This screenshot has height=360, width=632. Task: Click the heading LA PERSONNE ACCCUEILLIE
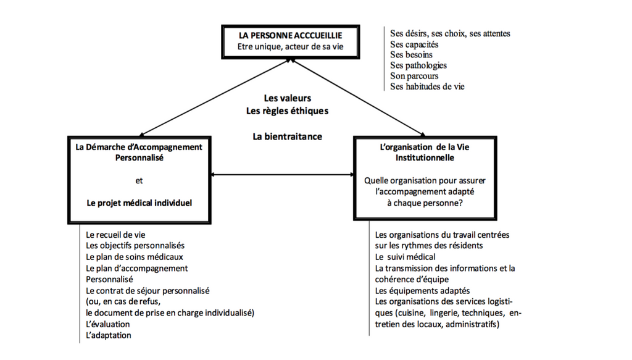(290, 35)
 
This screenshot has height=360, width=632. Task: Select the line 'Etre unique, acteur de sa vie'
(290, 46)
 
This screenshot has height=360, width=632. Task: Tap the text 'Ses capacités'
(414, 44)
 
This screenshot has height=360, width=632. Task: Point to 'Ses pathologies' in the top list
(418, 65)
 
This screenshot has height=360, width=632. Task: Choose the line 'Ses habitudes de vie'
(427, 86)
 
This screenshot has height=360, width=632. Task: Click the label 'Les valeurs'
(288, 98)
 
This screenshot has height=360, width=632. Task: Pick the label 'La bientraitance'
(288, 136)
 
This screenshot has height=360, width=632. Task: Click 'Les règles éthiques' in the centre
(288, 111)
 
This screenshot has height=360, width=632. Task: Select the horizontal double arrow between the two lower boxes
(282, 175)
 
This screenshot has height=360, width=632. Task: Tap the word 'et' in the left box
(139, 180)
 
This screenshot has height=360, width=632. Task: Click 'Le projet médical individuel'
(139, 203)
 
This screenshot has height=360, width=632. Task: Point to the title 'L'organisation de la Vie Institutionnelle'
(425, 153)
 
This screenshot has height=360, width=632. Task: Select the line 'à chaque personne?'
(425, 203)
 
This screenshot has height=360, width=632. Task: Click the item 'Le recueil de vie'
(115, 235)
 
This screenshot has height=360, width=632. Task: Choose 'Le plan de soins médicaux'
(135, 257)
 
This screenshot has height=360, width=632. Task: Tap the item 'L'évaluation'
(108, 324)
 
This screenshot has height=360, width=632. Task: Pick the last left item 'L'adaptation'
(109, 335)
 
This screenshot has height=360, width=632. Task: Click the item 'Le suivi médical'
(405, 257)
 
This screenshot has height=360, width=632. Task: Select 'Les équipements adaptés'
(422, 291)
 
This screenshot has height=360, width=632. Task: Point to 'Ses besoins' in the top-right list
(411, 55)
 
